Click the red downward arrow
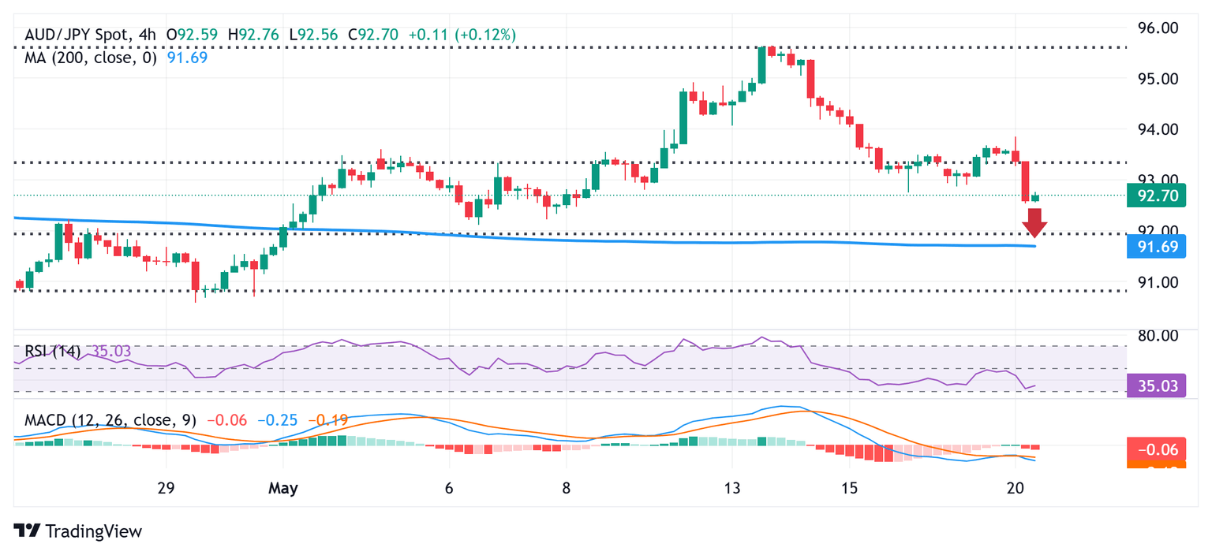click(x=1034, y=223)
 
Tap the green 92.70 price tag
click(x=1156, y=196)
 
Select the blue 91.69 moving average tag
click(x=1156, y=248)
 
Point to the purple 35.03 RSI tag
click(x=1156, y=386)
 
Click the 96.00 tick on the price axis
click(x=1156, y=28)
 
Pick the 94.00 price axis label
click(x=1156, y=129)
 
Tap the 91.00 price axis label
click(x=1156, y=282)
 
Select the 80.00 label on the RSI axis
click(x=1156, y=335)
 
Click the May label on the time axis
click(x=283, y=489)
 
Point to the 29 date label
click(x=165, y=489)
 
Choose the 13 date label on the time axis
click(x=732, y=489)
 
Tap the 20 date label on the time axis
click(x=1016, y=489)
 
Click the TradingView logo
click(x=78, y=531)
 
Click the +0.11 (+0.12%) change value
click(x=462, y=35)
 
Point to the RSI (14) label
click(x=52, y=351)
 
